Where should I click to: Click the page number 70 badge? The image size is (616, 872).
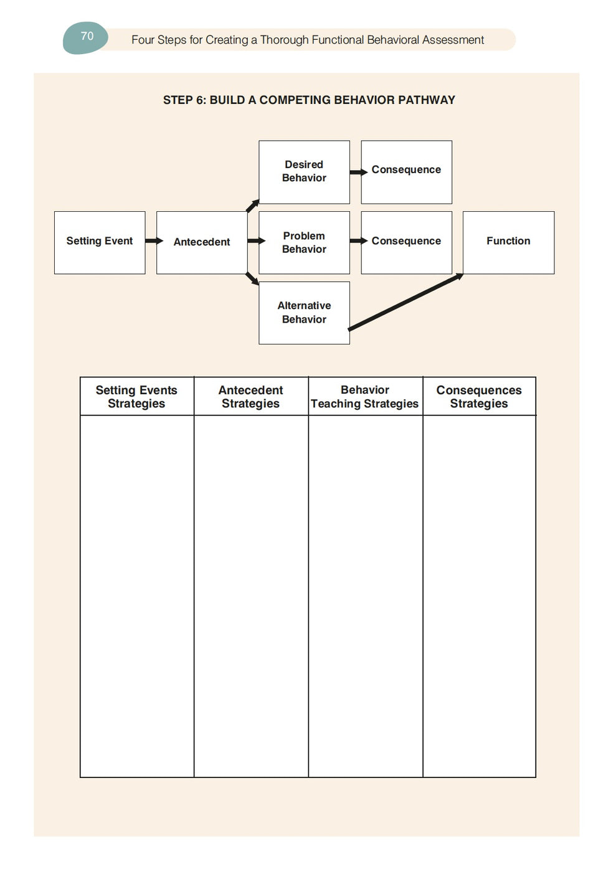pyautogui.click(x=87, y=37)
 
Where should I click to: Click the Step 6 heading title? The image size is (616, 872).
pyautogui.click(x=309, y=100)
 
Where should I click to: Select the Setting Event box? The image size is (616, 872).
pyautogui.click(x=100, y=242)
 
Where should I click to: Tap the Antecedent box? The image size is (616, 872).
pyautogui.click(x=201, y=242)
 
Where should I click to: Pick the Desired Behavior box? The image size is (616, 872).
pyautogui.click(x=304, y=172)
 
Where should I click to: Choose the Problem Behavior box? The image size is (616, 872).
pyautogui.click(x=304, y=242)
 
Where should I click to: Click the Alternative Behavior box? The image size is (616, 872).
pyautogui.click(x=304, y=313)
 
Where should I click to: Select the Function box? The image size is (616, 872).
pyautogui.click(x=508, y=242)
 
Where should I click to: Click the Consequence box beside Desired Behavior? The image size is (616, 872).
pyautogui.click(x=406, y=172)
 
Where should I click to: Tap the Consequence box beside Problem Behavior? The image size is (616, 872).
pyautogui.click(x=406, y=242)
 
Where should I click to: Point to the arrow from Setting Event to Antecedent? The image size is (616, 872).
pyautogui.click(x=153, y=241)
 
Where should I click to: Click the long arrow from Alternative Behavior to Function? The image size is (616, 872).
pyautogui.click(x=405, y=302)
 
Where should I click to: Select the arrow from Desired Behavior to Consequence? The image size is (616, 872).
pyautogui.click(x=358, y=173)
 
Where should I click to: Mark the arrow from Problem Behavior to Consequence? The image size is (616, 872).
pyautogui.click(x=358, y=241)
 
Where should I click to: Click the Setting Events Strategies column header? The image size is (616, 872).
pyautogui.click(x=136, y=397)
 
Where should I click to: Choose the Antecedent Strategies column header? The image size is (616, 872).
pyautogui.click(x=250, y=397)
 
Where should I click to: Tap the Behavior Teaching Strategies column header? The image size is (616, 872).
pyautogui.click(x=365, y=397)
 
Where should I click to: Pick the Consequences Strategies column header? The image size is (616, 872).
pyautogui.click(x=479, y=397)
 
